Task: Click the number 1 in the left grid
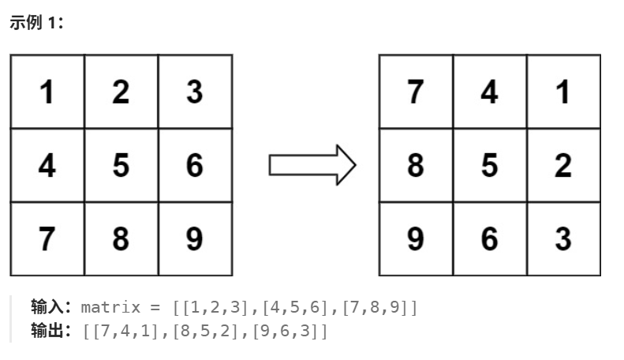[47, 92]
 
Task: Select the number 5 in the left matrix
[121, 166]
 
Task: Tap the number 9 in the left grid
[194, 239]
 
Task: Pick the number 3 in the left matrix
[194, 92]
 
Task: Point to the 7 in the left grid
[47, 239]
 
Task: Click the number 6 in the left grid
[194, 166]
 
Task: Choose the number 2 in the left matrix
[121, 92]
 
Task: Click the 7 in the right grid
[416, 92]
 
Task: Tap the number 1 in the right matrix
[562, 92]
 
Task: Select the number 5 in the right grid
[489, 166]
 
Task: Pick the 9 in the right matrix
[416, 239]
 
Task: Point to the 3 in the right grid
[562, 239]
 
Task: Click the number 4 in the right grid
[489, 92]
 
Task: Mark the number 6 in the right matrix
[489, 239]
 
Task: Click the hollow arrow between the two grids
[312, 165]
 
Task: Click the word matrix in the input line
[110, 306]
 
